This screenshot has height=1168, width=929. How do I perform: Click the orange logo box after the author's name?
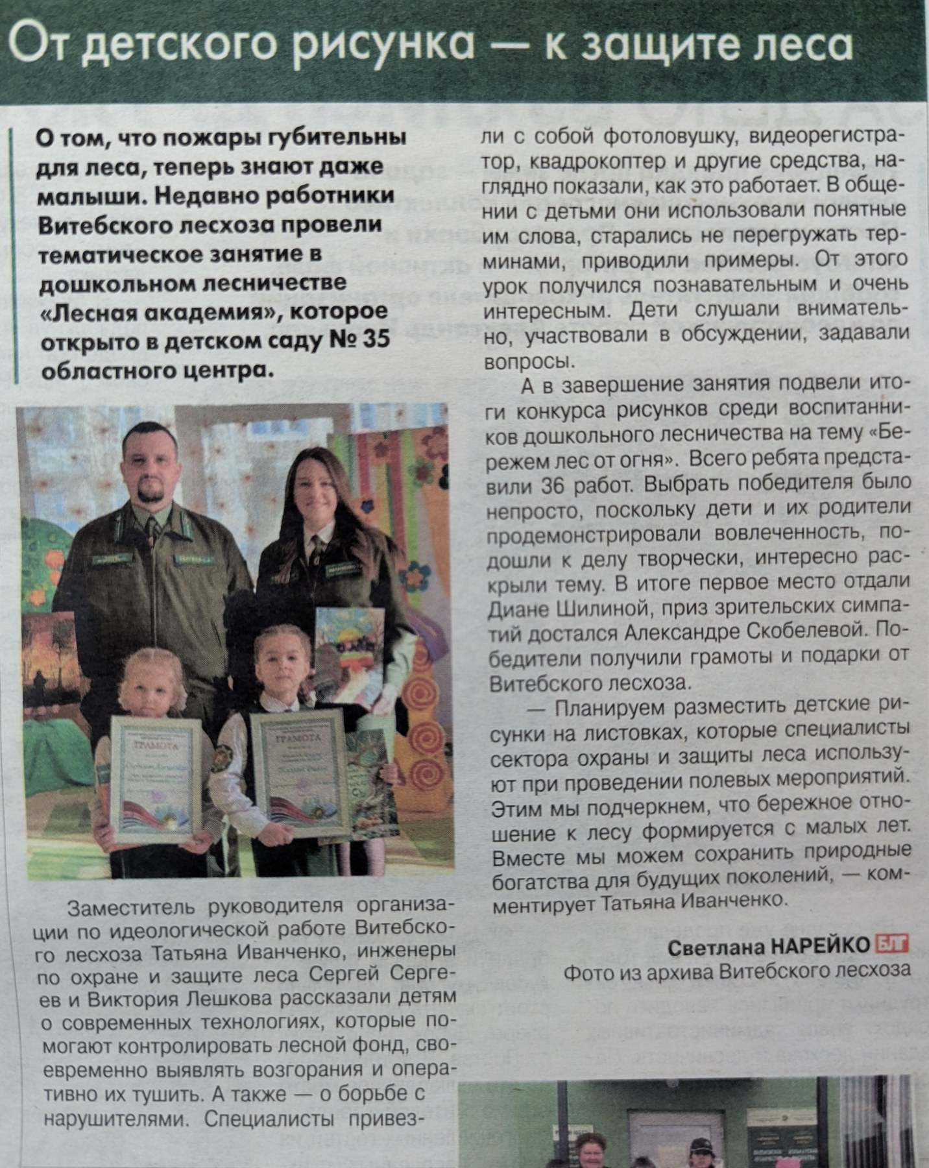pyautogui.click(x=892, y=946)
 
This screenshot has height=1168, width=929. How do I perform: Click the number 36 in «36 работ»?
pyautogui.click(x=552, y=485)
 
